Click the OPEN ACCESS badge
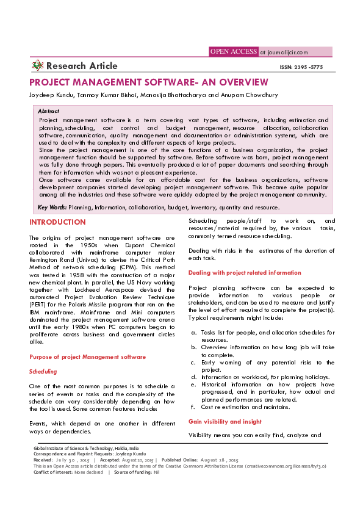pos(233,52)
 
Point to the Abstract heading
pos(49,112)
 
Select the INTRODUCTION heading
pos(57,222)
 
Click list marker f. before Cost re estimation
pos(193,407)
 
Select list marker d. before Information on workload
pos(193,377)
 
